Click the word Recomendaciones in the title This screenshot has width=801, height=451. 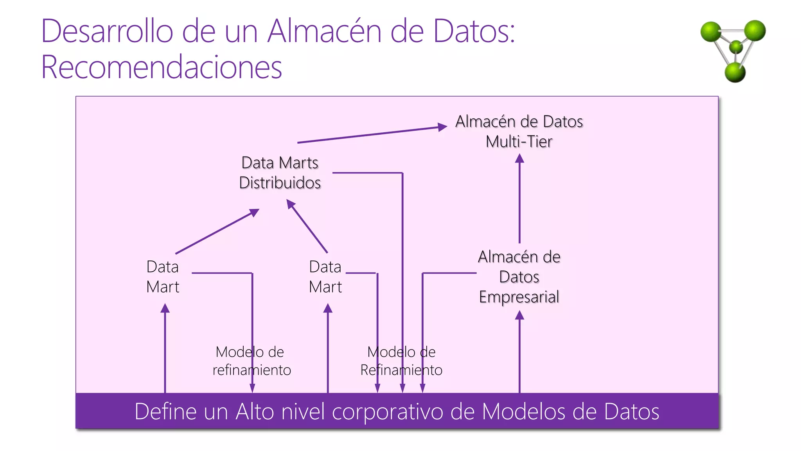click(162, 67)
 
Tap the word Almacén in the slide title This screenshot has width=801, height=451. click(324, 31)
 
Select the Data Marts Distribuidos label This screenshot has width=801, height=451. click(280, 173)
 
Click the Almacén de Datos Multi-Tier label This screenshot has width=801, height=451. click(519, 132)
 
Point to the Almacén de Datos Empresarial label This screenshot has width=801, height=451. click(519, 277)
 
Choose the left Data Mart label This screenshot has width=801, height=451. click(163, 277)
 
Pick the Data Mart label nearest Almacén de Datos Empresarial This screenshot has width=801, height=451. click(325, 277)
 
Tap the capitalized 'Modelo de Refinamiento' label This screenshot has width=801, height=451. click(401, 361)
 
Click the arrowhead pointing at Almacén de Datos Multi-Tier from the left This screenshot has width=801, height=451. click(443, 127)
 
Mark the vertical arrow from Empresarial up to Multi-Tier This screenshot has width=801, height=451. click(519, 200)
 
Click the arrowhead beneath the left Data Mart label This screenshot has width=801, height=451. click(165, 308)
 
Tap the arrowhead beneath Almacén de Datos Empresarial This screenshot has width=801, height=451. click(519, 315)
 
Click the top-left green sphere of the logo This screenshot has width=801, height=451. click(711, 32)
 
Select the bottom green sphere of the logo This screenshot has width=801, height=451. click(735, 72)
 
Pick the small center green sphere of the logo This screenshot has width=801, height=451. click(736, 47)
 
